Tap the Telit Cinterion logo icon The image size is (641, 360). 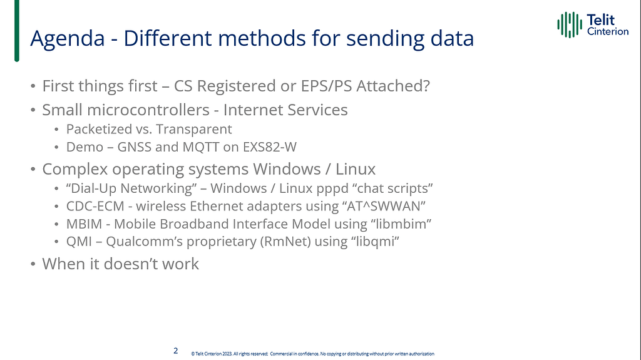(570, 24)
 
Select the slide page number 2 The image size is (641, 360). (176, 351)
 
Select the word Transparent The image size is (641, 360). (197, 130)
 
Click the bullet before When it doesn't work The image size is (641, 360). (33, 264)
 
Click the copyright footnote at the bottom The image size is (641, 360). (312, 354)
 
